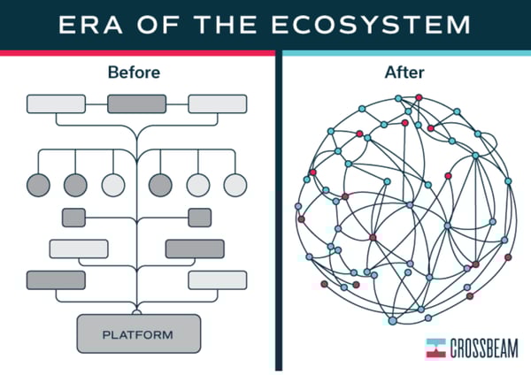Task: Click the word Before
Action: pos(134,73)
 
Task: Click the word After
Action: pos(404,73)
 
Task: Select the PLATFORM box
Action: pos(139,334)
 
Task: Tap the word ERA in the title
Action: pos(90,25)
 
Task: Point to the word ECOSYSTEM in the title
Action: pos(371,25)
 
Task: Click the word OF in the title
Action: pos(158,25)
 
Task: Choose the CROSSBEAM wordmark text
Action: pos(484,348)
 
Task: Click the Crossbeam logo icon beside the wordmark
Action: pos(435,348)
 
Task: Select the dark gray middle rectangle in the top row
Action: pos(137,103)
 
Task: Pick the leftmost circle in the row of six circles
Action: pos(38,185)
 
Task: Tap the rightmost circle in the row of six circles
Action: pos(235,185)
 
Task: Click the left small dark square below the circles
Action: pos(73,218)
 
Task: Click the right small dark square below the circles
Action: pos(200,218)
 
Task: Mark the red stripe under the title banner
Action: pos(137,53)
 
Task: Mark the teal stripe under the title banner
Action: pos(406,53)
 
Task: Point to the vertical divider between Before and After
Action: pos(279,210)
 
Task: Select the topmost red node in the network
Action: pos(419,97)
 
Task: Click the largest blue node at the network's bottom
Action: pos(392,320)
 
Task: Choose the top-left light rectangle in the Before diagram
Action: pos(57,103)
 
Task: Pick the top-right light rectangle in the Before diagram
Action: pos(218,103)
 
